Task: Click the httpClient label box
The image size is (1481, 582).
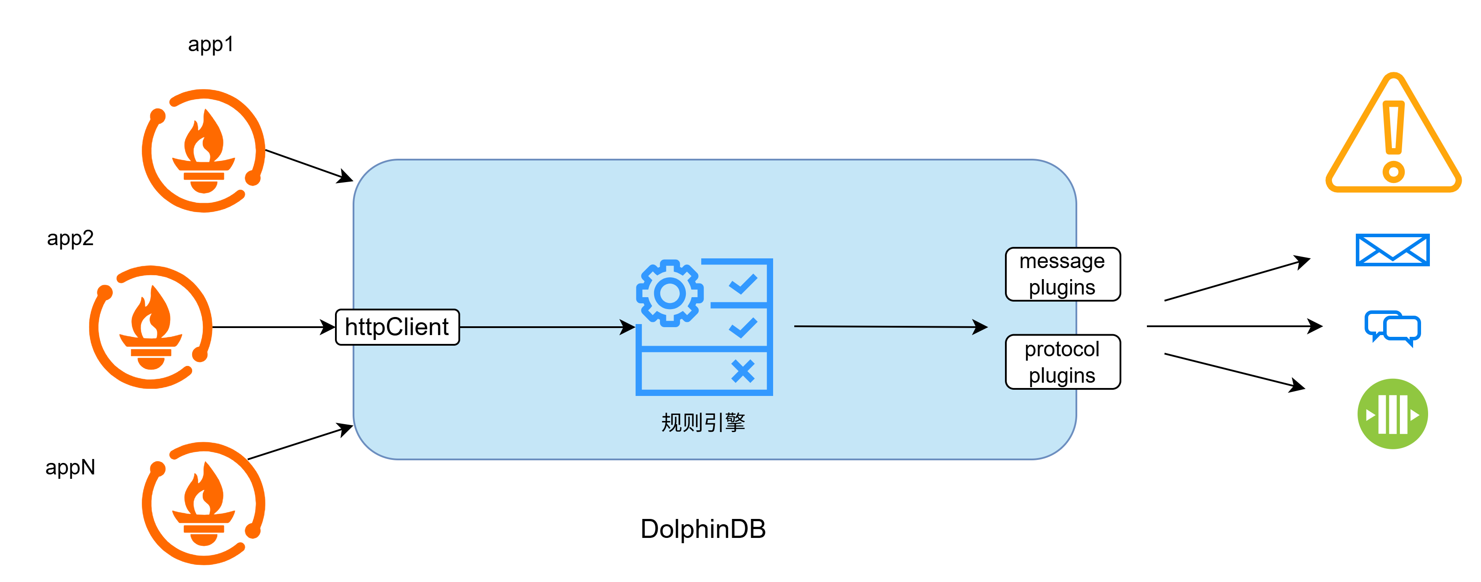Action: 397,327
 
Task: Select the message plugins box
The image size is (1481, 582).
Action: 1062,274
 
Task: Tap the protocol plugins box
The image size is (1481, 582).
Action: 1062,362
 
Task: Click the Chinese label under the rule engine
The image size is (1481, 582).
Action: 703,423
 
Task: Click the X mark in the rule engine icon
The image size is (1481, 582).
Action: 743,372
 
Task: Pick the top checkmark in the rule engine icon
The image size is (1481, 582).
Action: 743,284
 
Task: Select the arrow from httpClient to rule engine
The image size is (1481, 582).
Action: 546,327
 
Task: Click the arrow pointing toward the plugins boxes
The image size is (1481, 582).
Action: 891,327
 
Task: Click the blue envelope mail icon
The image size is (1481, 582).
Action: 1392,250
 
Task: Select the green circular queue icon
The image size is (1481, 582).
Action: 1392,414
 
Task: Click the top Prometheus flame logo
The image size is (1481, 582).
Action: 204,151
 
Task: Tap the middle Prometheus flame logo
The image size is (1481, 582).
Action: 151,327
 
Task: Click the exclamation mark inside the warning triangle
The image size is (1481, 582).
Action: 1394,138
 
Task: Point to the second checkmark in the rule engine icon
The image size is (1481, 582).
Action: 743,328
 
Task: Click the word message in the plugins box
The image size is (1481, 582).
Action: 1062,261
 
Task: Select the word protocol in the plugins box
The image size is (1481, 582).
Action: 1062,350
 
